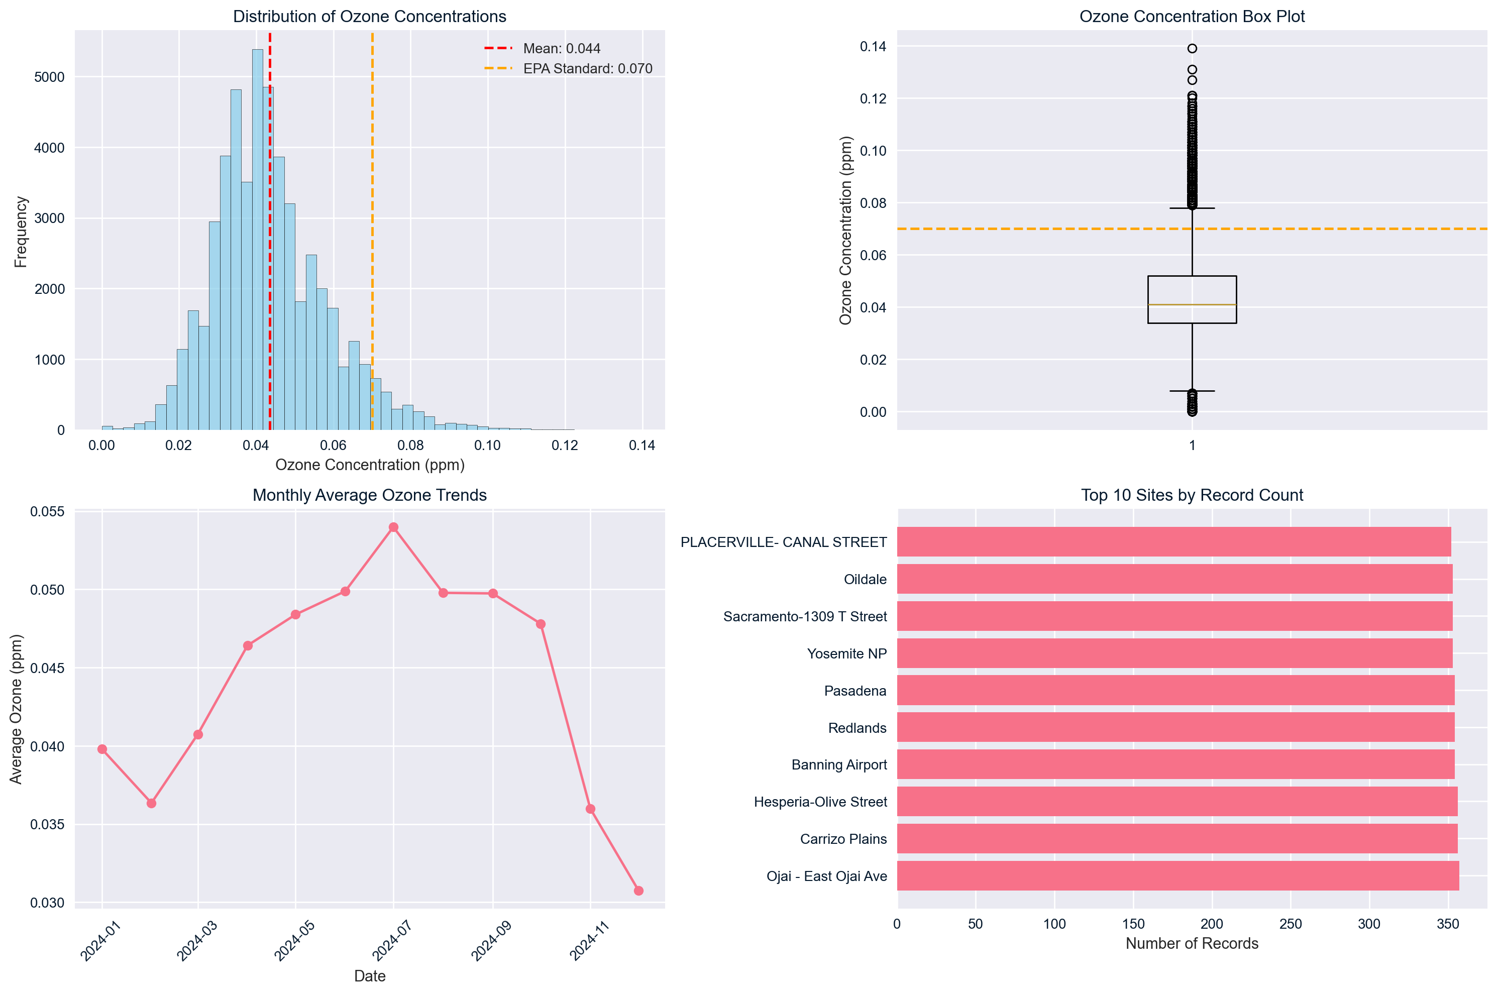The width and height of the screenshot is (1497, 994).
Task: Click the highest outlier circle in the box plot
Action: (x=1192, y=49)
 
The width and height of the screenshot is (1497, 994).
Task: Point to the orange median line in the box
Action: (x=1192, y=305)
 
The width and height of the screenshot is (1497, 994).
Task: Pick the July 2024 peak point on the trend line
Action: (x=394, y=527)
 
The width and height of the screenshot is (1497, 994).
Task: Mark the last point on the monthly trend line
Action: (x=638, y=891)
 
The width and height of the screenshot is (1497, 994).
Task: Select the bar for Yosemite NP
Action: (x=1174, y=653)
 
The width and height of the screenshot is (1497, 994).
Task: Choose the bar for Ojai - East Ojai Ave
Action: (x=1178, y=875)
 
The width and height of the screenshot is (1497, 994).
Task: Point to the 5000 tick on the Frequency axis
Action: (x=49, y=77)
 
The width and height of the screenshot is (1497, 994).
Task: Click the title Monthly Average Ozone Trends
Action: (x=370, y=495)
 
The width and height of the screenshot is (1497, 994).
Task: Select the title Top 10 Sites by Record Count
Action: (x=1192, y=495)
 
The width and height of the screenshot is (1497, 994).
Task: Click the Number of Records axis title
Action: (x=1192, y=943)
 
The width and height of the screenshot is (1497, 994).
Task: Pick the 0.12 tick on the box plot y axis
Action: (x=873, y=99)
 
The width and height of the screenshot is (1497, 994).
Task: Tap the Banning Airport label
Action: (x=839, y=764)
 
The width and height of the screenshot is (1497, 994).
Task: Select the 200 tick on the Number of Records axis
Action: (x=1212, y=924)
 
